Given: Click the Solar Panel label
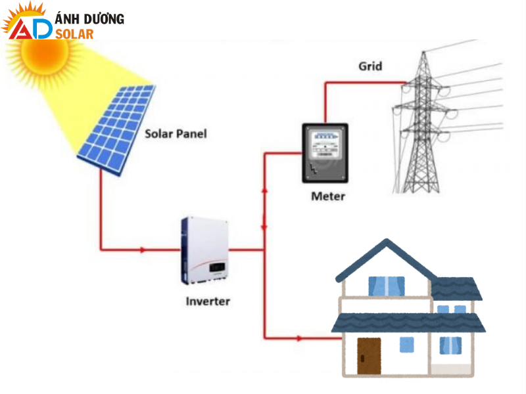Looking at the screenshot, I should (x=176, y=134).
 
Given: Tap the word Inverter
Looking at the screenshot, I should (x=208, y=301).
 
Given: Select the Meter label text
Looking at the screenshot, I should (x=327, y=196).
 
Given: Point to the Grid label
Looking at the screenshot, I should (x=370, y=66).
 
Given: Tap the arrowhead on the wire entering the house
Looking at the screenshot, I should (x=300, y=339).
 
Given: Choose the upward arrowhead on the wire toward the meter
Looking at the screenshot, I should (x=264, y=190).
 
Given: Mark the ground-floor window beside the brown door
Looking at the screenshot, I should (x=408, y=344).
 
